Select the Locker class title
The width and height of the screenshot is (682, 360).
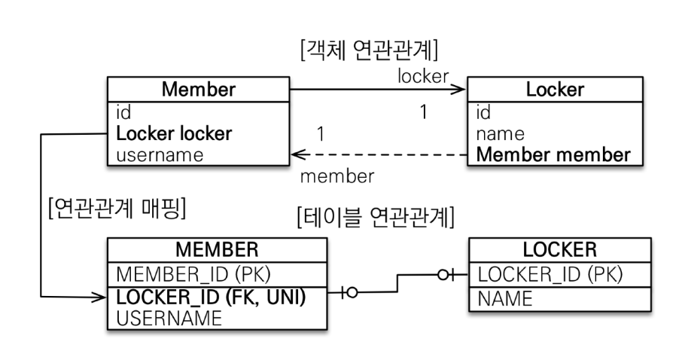tap(555, 90)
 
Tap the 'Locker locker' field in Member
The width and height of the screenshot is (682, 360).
tap(174, 134)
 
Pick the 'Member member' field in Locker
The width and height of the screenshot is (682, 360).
tap(553, 156)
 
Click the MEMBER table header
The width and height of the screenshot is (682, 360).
tap(217, 249)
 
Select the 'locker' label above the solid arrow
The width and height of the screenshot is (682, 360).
tap(423, 75)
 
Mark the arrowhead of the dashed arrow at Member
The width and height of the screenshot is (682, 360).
tap(297, 156)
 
